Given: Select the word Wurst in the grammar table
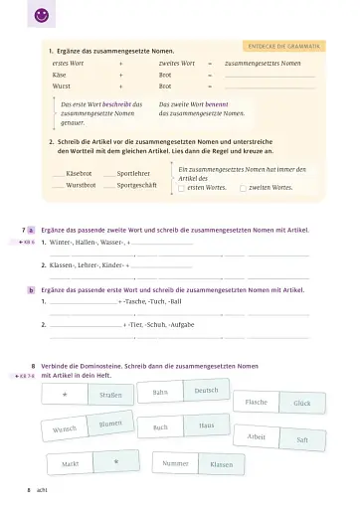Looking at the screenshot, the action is point(62,87).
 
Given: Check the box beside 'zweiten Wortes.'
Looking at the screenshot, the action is point(244,187).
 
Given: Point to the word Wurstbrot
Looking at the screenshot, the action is point(81,185).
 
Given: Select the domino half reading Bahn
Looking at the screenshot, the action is point(160,393).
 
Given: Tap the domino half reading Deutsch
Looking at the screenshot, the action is point(206,390).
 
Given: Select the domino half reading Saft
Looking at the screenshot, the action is point(302,438).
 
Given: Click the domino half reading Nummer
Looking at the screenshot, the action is point(175,463).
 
